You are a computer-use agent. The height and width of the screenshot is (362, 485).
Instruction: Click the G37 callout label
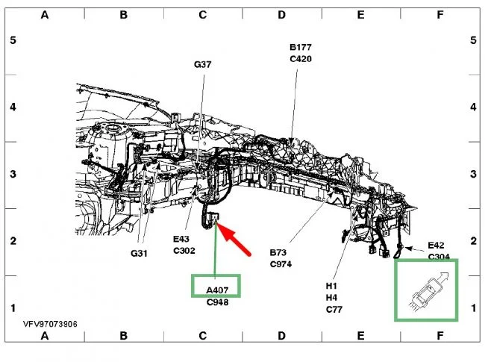[203, 64]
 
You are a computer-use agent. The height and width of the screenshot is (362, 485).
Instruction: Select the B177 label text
[301, 47]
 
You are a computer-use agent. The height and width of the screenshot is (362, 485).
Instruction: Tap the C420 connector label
[301, 59]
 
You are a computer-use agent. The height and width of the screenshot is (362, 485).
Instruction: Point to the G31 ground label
[139, 254]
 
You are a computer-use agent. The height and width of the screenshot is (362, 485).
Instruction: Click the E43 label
[181, 239]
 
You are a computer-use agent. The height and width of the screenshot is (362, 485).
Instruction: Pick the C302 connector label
[184, 251]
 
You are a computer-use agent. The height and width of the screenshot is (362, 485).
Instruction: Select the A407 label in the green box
[217, 290]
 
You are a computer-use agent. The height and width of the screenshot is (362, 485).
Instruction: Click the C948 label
[217, 302]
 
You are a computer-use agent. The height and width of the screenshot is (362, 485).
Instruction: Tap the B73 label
[278, 252]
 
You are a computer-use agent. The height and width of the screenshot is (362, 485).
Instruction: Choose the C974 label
[281, 264]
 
